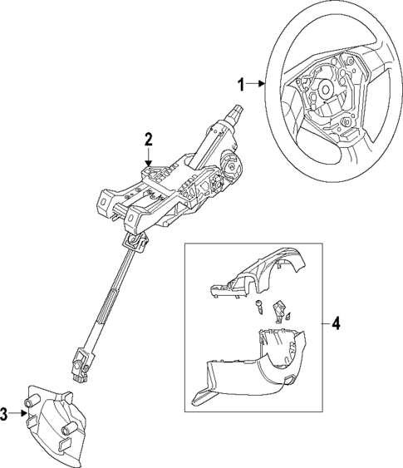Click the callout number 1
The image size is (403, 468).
tap(243, 83)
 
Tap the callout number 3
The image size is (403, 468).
tap(4, 413)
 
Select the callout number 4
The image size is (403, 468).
tap(335, 322)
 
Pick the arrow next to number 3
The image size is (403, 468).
tap(17, 413)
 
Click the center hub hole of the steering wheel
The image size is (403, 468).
tap(325, 90)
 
